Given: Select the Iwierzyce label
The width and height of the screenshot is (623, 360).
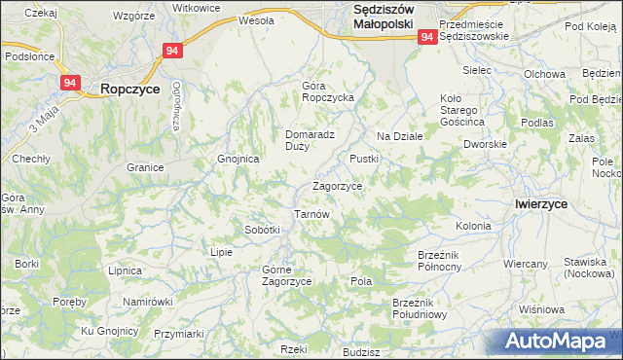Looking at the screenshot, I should [x=540, y=203].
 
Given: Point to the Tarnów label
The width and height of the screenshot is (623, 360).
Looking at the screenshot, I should [x=312, y=214].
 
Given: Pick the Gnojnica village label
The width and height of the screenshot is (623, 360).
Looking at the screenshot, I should [x=238, y=159].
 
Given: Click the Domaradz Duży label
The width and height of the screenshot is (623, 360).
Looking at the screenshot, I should [x=311, y=141].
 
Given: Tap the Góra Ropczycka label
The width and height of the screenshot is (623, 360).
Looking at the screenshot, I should [x=327, y=91].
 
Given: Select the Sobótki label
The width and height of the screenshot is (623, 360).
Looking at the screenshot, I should [x=262, y=230].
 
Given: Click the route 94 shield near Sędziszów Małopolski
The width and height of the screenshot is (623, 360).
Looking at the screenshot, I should [x=427, y=37].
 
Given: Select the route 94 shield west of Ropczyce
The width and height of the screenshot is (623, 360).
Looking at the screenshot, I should [x=70, y=84].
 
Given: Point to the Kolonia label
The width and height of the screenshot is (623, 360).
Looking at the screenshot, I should [x=473, y=226].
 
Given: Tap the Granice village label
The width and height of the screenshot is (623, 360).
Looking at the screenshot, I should [x=144, y=167].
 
